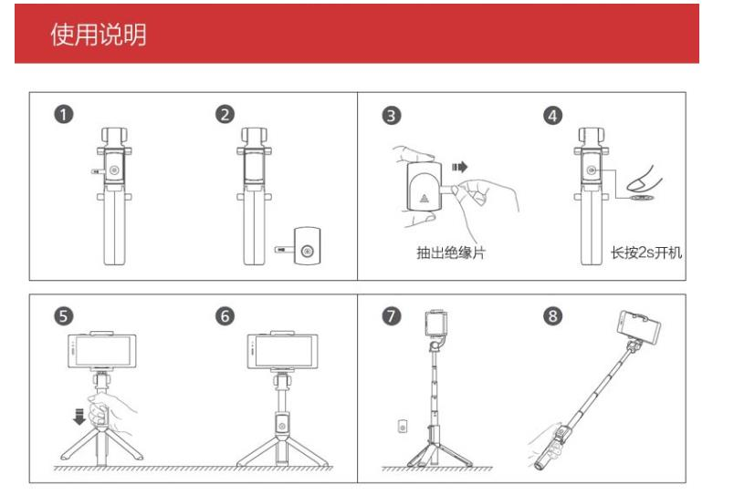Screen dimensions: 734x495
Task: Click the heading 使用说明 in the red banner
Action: [99, 34]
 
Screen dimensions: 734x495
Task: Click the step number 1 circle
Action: [64, 115]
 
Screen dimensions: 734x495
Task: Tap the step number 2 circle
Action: [225, 115]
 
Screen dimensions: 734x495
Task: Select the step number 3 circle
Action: [392, 116]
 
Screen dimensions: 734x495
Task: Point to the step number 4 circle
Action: [553, 116]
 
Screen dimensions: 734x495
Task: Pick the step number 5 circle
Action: [64, 316]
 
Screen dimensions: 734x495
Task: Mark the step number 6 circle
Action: [225, 316]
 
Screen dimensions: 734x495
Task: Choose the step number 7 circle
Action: [392, 316]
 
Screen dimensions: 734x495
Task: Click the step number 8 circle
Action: [553, 316]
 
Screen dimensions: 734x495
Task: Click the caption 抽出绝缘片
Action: [451, 253]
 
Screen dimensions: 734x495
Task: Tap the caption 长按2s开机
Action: [646, 253]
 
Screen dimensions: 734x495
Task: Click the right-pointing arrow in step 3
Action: [460, 167]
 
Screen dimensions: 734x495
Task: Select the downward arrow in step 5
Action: [79, 417]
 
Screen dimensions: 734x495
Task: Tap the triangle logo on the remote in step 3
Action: [425, 198]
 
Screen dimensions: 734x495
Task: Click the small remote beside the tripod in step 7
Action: [402, 427]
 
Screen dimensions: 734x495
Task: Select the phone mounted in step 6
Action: [282, 352]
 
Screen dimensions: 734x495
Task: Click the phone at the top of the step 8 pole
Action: [639, 328]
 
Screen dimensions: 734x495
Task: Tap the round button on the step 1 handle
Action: [114, 170]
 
